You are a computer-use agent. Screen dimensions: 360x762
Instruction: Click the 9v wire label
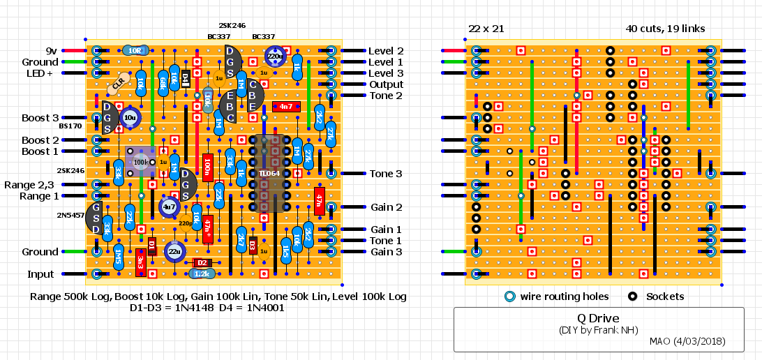tap(51, 51)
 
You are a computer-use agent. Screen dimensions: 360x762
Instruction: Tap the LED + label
tap(40, 73)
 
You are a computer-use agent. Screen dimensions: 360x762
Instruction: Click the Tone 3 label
tap(386, 174)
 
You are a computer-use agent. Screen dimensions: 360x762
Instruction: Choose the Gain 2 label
tap(386, 207)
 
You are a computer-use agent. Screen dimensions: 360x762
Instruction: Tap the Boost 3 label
tap(40, 118)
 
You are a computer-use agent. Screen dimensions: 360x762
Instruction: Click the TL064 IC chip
tap(269, 173)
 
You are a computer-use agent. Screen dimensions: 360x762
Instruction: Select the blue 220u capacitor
tap(275, 57)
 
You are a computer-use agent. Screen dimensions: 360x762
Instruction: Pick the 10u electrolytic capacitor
tap(130, 119)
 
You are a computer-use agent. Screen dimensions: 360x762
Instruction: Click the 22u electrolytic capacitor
tap(174, 251)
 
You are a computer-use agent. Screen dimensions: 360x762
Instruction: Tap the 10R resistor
tap(135, 51)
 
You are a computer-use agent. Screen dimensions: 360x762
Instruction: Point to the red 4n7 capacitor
tap(285, 107)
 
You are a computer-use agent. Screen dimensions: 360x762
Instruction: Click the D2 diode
tap(202, 263)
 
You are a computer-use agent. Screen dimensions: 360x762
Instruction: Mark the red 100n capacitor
tap(207, 168)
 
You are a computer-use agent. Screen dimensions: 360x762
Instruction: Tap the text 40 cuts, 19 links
tap(665, 29)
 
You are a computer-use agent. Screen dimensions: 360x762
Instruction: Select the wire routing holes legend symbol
tap(509, 297)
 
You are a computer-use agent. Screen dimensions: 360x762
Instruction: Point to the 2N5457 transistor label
tap(71, 215)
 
